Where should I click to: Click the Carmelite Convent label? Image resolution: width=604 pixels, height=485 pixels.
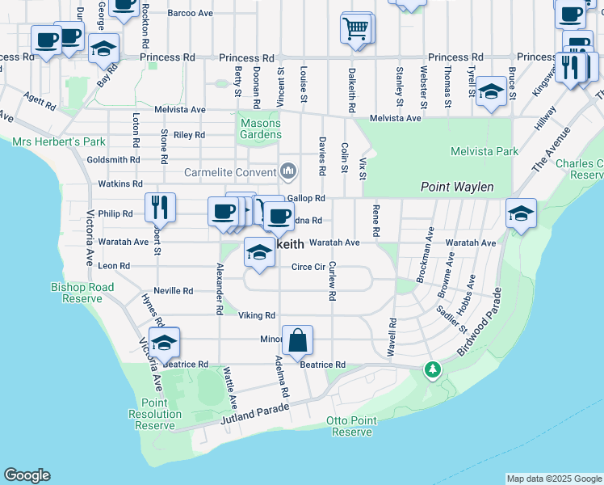click(230, 172)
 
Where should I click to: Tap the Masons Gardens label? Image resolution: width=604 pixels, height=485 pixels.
click(261, 129)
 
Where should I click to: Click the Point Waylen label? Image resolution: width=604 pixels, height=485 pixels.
click(457, 187)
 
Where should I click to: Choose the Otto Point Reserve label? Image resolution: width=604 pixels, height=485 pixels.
click(349, 427)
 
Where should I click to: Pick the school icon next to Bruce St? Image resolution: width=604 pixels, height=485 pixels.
click(490, 91)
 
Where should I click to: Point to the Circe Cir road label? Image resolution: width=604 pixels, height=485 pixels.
click(308, 266)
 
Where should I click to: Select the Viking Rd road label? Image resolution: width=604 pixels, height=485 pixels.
click(257, 315)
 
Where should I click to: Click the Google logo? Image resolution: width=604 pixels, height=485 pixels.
click(27, 475)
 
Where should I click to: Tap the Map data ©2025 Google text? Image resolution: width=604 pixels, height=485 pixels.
click(553, 479)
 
